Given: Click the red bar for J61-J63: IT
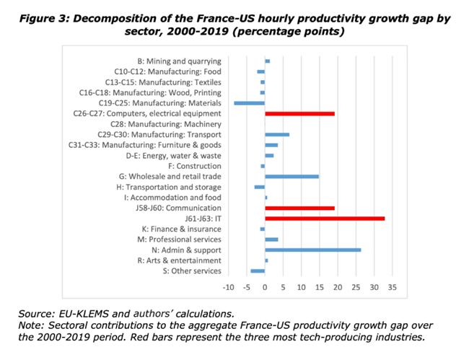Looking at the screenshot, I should [x=325, y=218].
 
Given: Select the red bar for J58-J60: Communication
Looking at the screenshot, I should [x=299, y=208].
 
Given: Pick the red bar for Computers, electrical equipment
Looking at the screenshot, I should [x=299, y=113].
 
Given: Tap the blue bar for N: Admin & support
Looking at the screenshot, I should [x=312, y=250].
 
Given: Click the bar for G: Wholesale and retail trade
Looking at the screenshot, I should [x=292, y=176].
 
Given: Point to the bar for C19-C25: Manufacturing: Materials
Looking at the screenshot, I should [x=250, y=102].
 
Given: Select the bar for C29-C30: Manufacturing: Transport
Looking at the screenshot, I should [x=277, y=134].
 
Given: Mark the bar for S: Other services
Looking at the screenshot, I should [x=258, y=271].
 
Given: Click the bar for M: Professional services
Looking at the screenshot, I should [x=271, y=239].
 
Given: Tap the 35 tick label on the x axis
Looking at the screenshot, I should [x=392, y=287].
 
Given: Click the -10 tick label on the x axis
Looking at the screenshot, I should [x=228, y=287].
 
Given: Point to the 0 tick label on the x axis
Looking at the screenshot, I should [x=265, y=287].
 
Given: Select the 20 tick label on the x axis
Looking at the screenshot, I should [x=338, y=287].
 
